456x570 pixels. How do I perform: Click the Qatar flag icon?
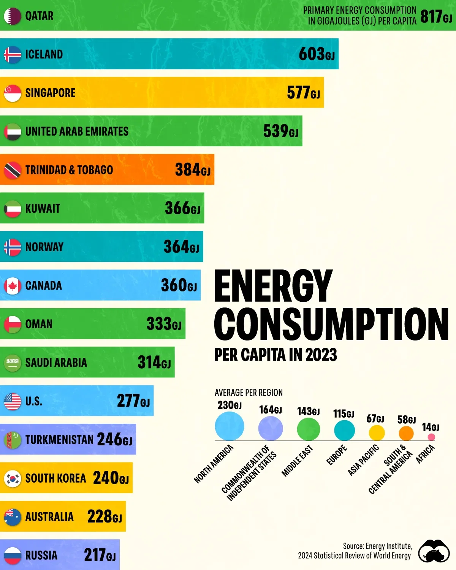(x=12, y=16)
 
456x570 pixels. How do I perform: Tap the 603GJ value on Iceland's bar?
(x=317, y=54)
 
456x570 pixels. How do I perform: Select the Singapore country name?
(x=50, y=93)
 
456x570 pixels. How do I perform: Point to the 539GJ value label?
(x=280, y=131)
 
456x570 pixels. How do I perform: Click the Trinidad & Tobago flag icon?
(x=12, y=170)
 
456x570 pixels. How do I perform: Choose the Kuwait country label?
(x=43, y=209)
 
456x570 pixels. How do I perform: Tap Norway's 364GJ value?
(x=181, y=247)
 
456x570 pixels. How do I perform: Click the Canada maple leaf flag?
(x=12, y=286)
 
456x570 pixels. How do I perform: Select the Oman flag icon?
(x=12, y=324)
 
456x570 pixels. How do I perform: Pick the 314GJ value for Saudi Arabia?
(x=154, y=363)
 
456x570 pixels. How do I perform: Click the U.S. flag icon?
(x=12, y=401)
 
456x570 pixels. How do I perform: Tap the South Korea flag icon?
(x=12, y=478)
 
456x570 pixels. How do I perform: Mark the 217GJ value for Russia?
(x=100, y=555)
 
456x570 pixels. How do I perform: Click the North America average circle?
(x=229, y=426)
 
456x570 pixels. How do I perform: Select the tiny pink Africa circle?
(x=431, y=437)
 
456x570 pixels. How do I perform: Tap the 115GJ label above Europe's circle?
(x=344, y=414)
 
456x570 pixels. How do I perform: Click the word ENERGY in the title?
(x=273, y=286)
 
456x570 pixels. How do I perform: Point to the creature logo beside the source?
(x=434, y=551)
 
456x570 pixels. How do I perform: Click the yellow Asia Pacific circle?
(x=377, y=433)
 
